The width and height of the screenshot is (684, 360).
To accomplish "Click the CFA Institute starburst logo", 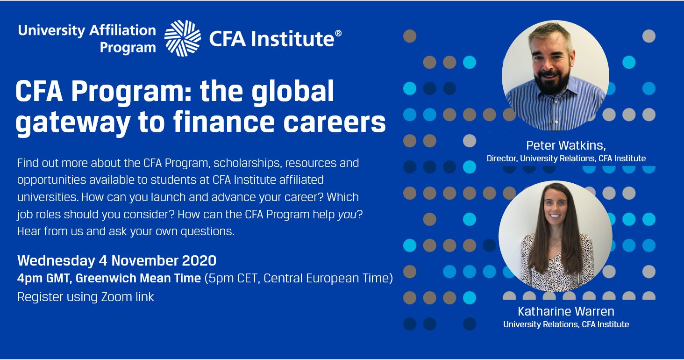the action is point(183,38).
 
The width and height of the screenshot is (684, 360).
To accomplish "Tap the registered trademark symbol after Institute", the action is point(338,34).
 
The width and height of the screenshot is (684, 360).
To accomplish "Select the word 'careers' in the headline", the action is point(335,122).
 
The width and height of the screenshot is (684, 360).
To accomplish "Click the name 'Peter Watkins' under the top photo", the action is point(565,145).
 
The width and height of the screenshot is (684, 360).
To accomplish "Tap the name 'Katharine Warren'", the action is point(566,311).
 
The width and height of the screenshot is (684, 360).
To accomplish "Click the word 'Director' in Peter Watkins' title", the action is point(502,158).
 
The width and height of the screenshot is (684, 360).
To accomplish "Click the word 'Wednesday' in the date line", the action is point(56,261).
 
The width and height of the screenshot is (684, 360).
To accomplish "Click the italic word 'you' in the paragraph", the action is point(347,215).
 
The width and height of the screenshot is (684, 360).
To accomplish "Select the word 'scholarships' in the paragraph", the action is point(247,163).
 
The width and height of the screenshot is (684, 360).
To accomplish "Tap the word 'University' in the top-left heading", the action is point(51,30).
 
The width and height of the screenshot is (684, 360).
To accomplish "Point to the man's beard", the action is point(553,80).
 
